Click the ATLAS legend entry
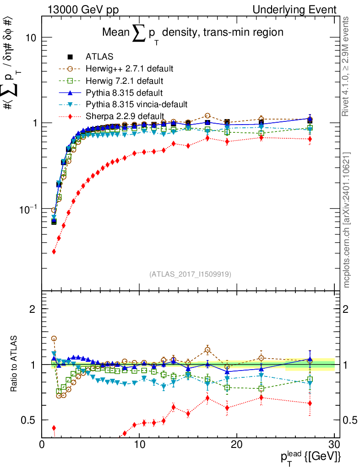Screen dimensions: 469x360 coord(99,57)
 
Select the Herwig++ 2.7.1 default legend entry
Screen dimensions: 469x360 coord(129,69)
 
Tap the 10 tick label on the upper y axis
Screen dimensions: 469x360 coord(30,38)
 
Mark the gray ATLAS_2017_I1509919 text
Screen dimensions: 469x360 coord(190,274)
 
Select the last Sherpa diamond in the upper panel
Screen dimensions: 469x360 coord(310,139)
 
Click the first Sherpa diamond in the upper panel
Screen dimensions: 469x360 coord(54,251)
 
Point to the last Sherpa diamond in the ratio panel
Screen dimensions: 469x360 coord(310,404)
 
